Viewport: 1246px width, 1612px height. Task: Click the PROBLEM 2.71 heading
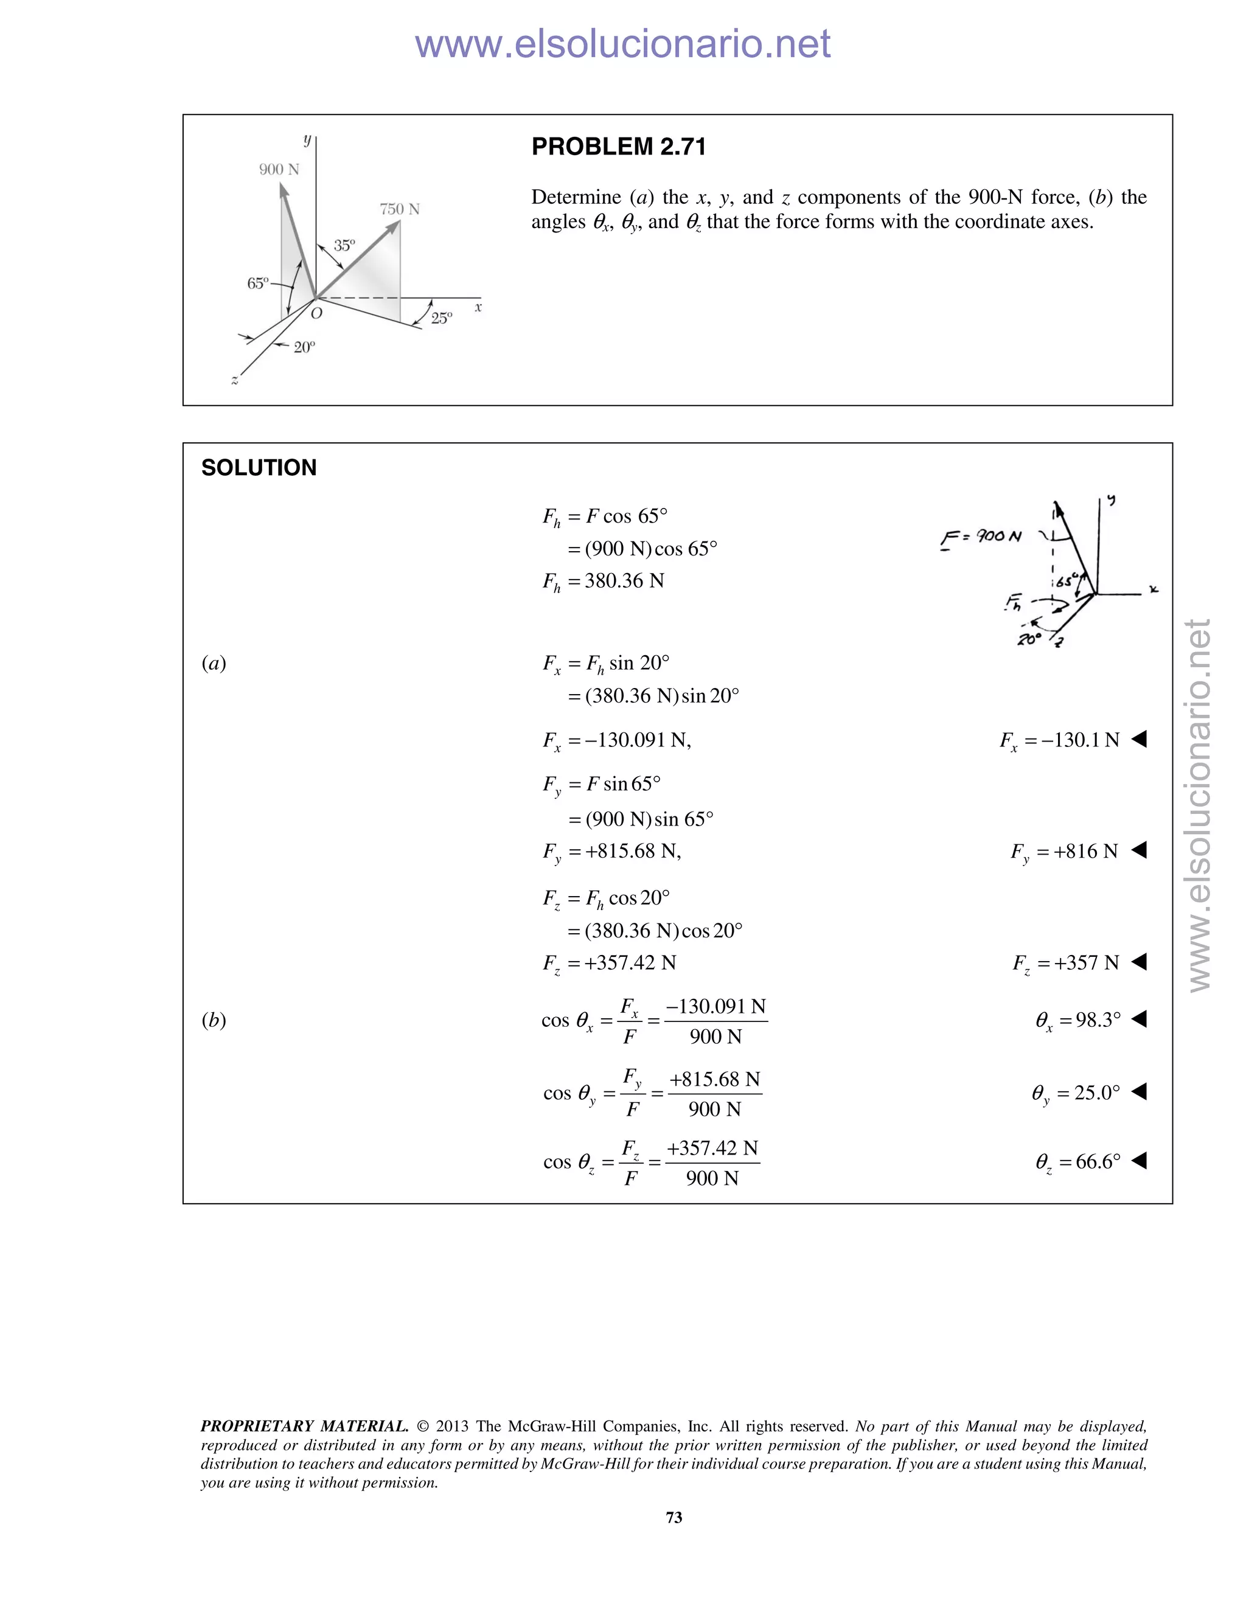(x=619, y=147)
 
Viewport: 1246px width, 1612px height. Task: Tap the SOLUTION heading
(x=259, y=468)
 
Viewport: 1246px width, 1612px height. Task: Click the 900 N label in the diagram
(x=279, y=169)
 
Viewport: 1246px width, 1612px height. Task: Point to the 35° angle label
(x=344, y=245)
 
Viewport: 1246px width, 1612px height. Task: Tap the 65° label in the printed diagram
(x=257, y=283)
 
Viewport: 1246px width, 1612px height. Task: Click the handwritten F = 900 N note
(x=981, y=537)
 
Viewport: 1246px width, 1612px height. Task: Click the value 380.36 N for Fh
(x=624, y=581)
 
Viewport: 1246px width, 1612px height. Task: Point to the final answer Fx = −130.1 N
(x=1060, y=740)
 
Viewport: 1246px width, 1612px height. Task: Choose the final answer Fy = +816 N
(x=1065, y=852)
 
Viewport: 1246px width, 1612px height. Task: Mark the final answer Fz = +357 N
(x=1066, y=963)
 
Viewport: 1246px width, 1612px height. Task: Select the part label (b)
(x=214, y=1020)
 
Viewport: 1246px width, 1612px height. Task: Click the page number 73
(x=674, y=1518)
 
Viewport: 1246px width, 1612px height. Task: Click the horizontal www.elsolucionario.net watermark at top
(x=622, y=44)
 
